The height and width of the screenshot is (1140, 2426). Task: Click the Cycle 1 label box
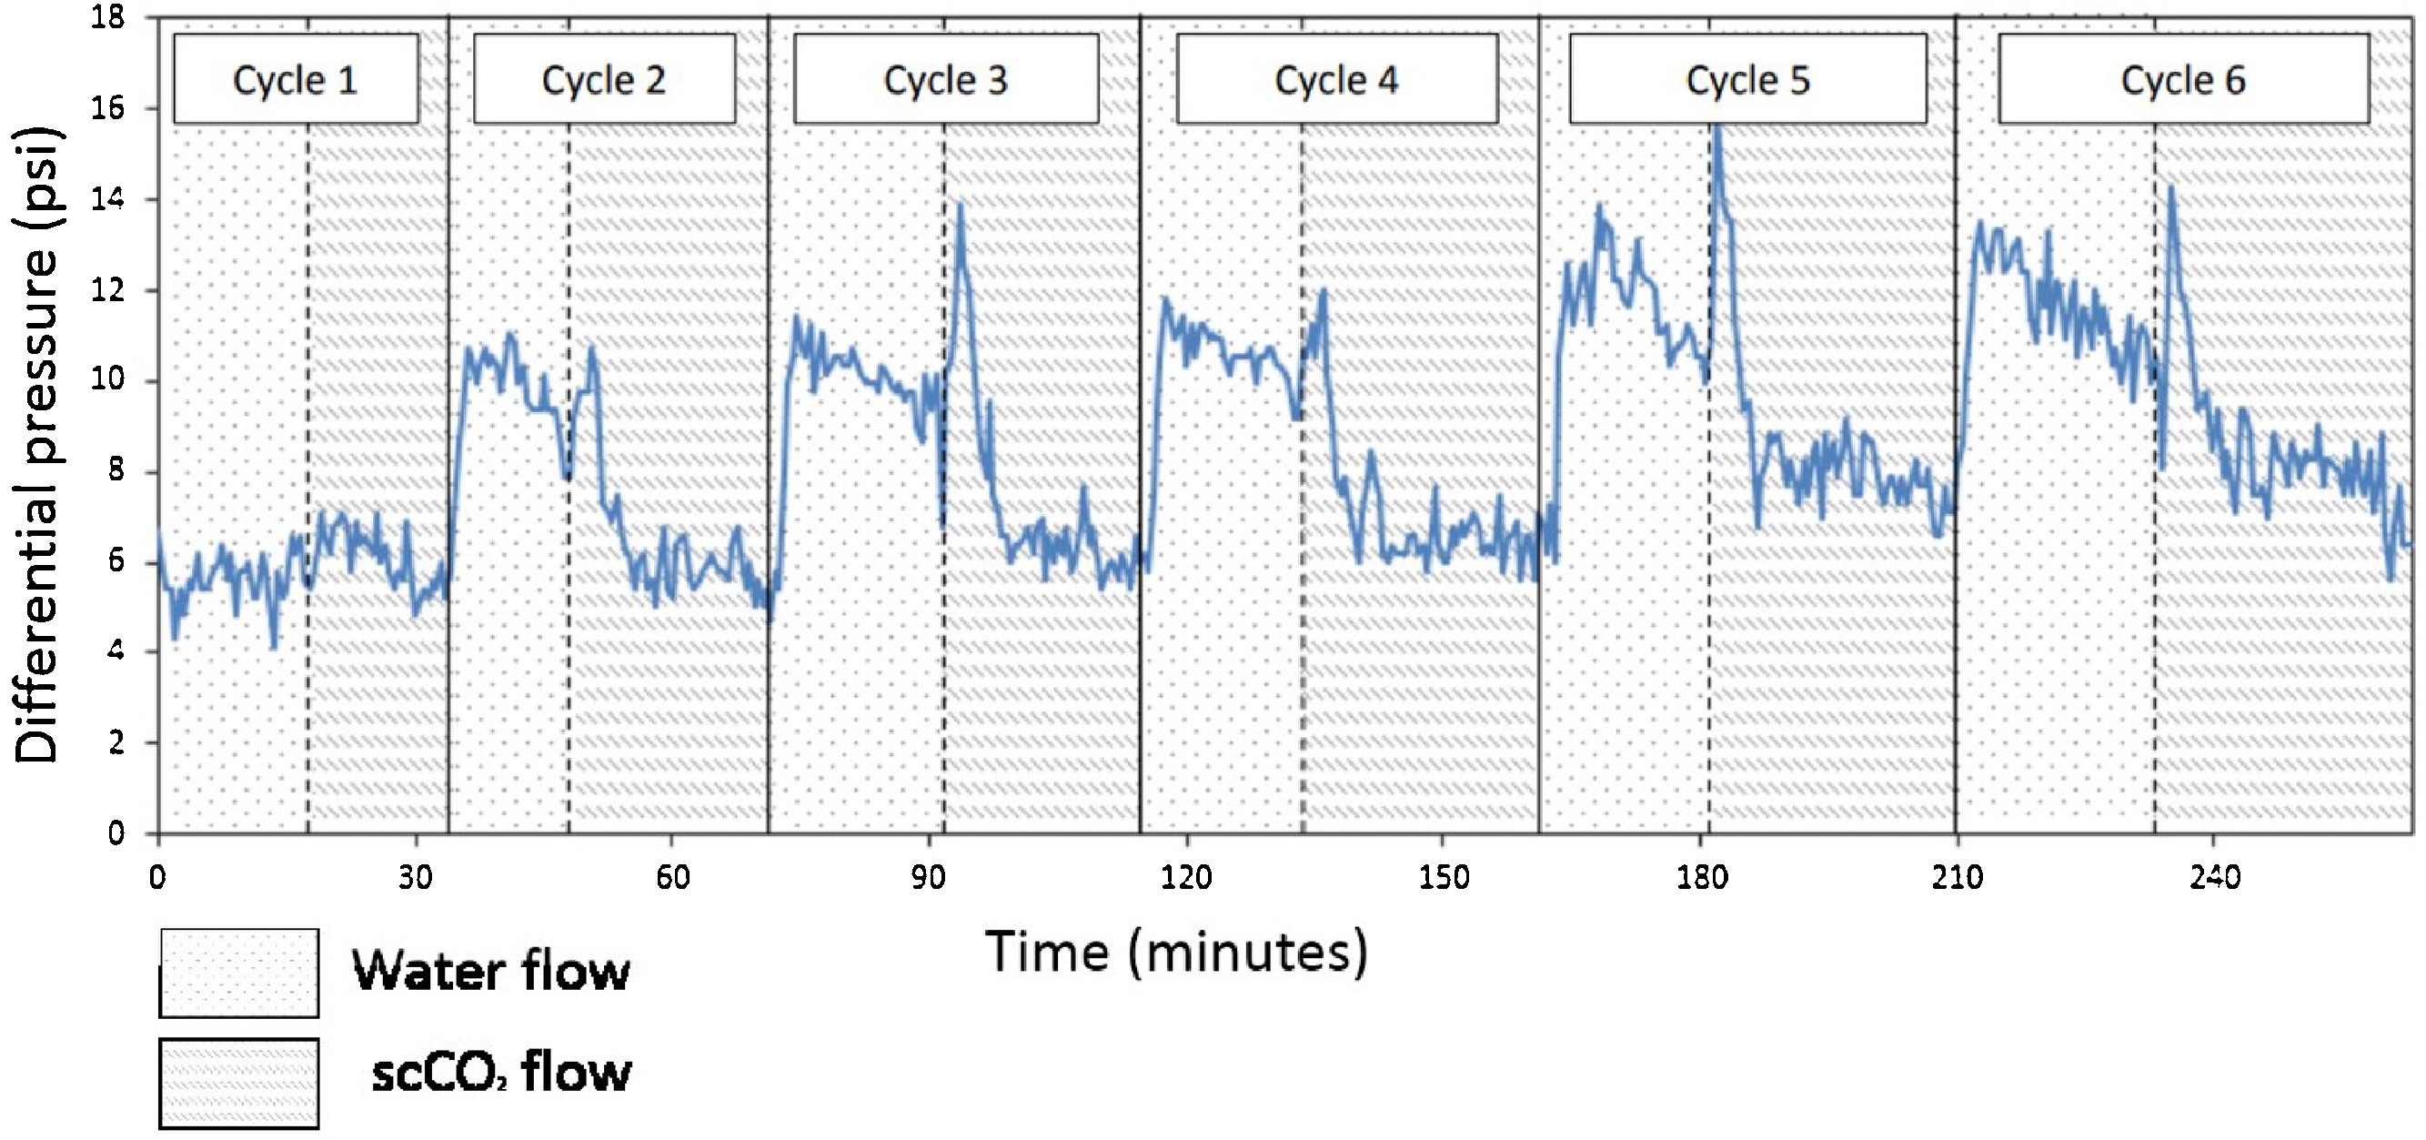(x=296, y=79)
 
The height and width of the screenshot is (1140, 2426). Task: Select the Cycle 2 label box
(x=604, y=79)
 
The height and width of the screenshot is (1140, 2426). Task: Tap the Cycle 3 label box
(x=945, y=79)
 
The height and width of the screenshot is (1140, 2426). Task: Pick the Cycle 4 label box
(x=1336, y=79)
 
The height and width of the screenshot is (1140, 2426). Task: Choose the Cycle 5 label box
(x=1748, y=79)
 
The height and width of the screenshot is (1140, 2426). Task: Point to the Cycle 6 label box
(x=2183, y=79)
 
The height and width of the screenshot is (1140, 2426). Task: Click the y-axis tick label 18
(x=108, y=17)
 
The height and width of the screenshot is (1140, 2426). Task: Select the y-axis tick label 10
(x=108, y=379)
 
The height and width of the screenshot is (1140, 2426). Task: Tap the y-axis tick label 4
(x=115, y=651)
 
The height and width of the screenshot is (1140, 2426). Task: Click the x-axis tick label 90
(x=929, y=877)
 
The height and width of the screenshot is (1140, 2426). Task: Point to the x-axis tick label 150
(x=1444, y=877)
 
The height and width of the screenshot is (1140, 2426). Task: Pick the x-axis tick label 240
(x=2215, y=877)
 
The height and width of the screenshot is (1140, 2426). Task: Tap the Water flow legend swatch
(x=239, y=973)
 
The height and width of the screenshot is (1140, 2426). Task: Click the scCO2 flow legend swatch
(x=239, y=1083)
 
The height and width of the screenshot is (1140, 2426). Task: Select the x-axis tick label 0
(x=157, y=877)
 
